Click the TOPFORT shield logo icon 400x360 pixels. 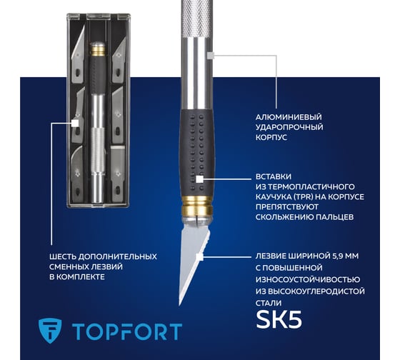click(50, 331)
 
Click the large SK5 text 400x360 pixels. click(279, 319)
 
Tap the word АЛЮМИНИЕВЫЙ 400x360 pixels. click(289, 117)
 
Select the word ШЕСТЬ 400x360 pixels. click(62, 256)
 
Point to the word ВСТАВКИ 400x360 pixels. click(274, 176)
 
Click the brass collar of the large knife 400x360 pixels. click(196, 205)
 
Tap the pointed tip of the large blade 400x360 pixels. click(179, 304)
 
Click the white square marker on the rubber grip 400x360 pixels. click(199, 179)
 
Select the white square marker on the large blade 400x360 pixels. click(199, 256)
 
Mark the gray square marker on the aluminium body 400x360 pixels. click(211, 55)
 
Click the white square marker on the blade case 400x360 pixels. click(75, 124)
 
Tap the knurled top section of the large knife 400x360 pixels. click(196, 19)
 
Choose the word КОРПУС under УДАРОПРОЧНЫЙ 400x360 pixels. click(271, 138)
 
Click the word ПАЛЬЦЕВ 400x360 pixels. click(335, 217)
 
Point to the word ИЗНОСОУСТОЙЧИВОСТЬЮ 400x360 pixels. click(308, 279)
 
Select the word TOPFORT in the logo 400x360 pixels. click(127, 331)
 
